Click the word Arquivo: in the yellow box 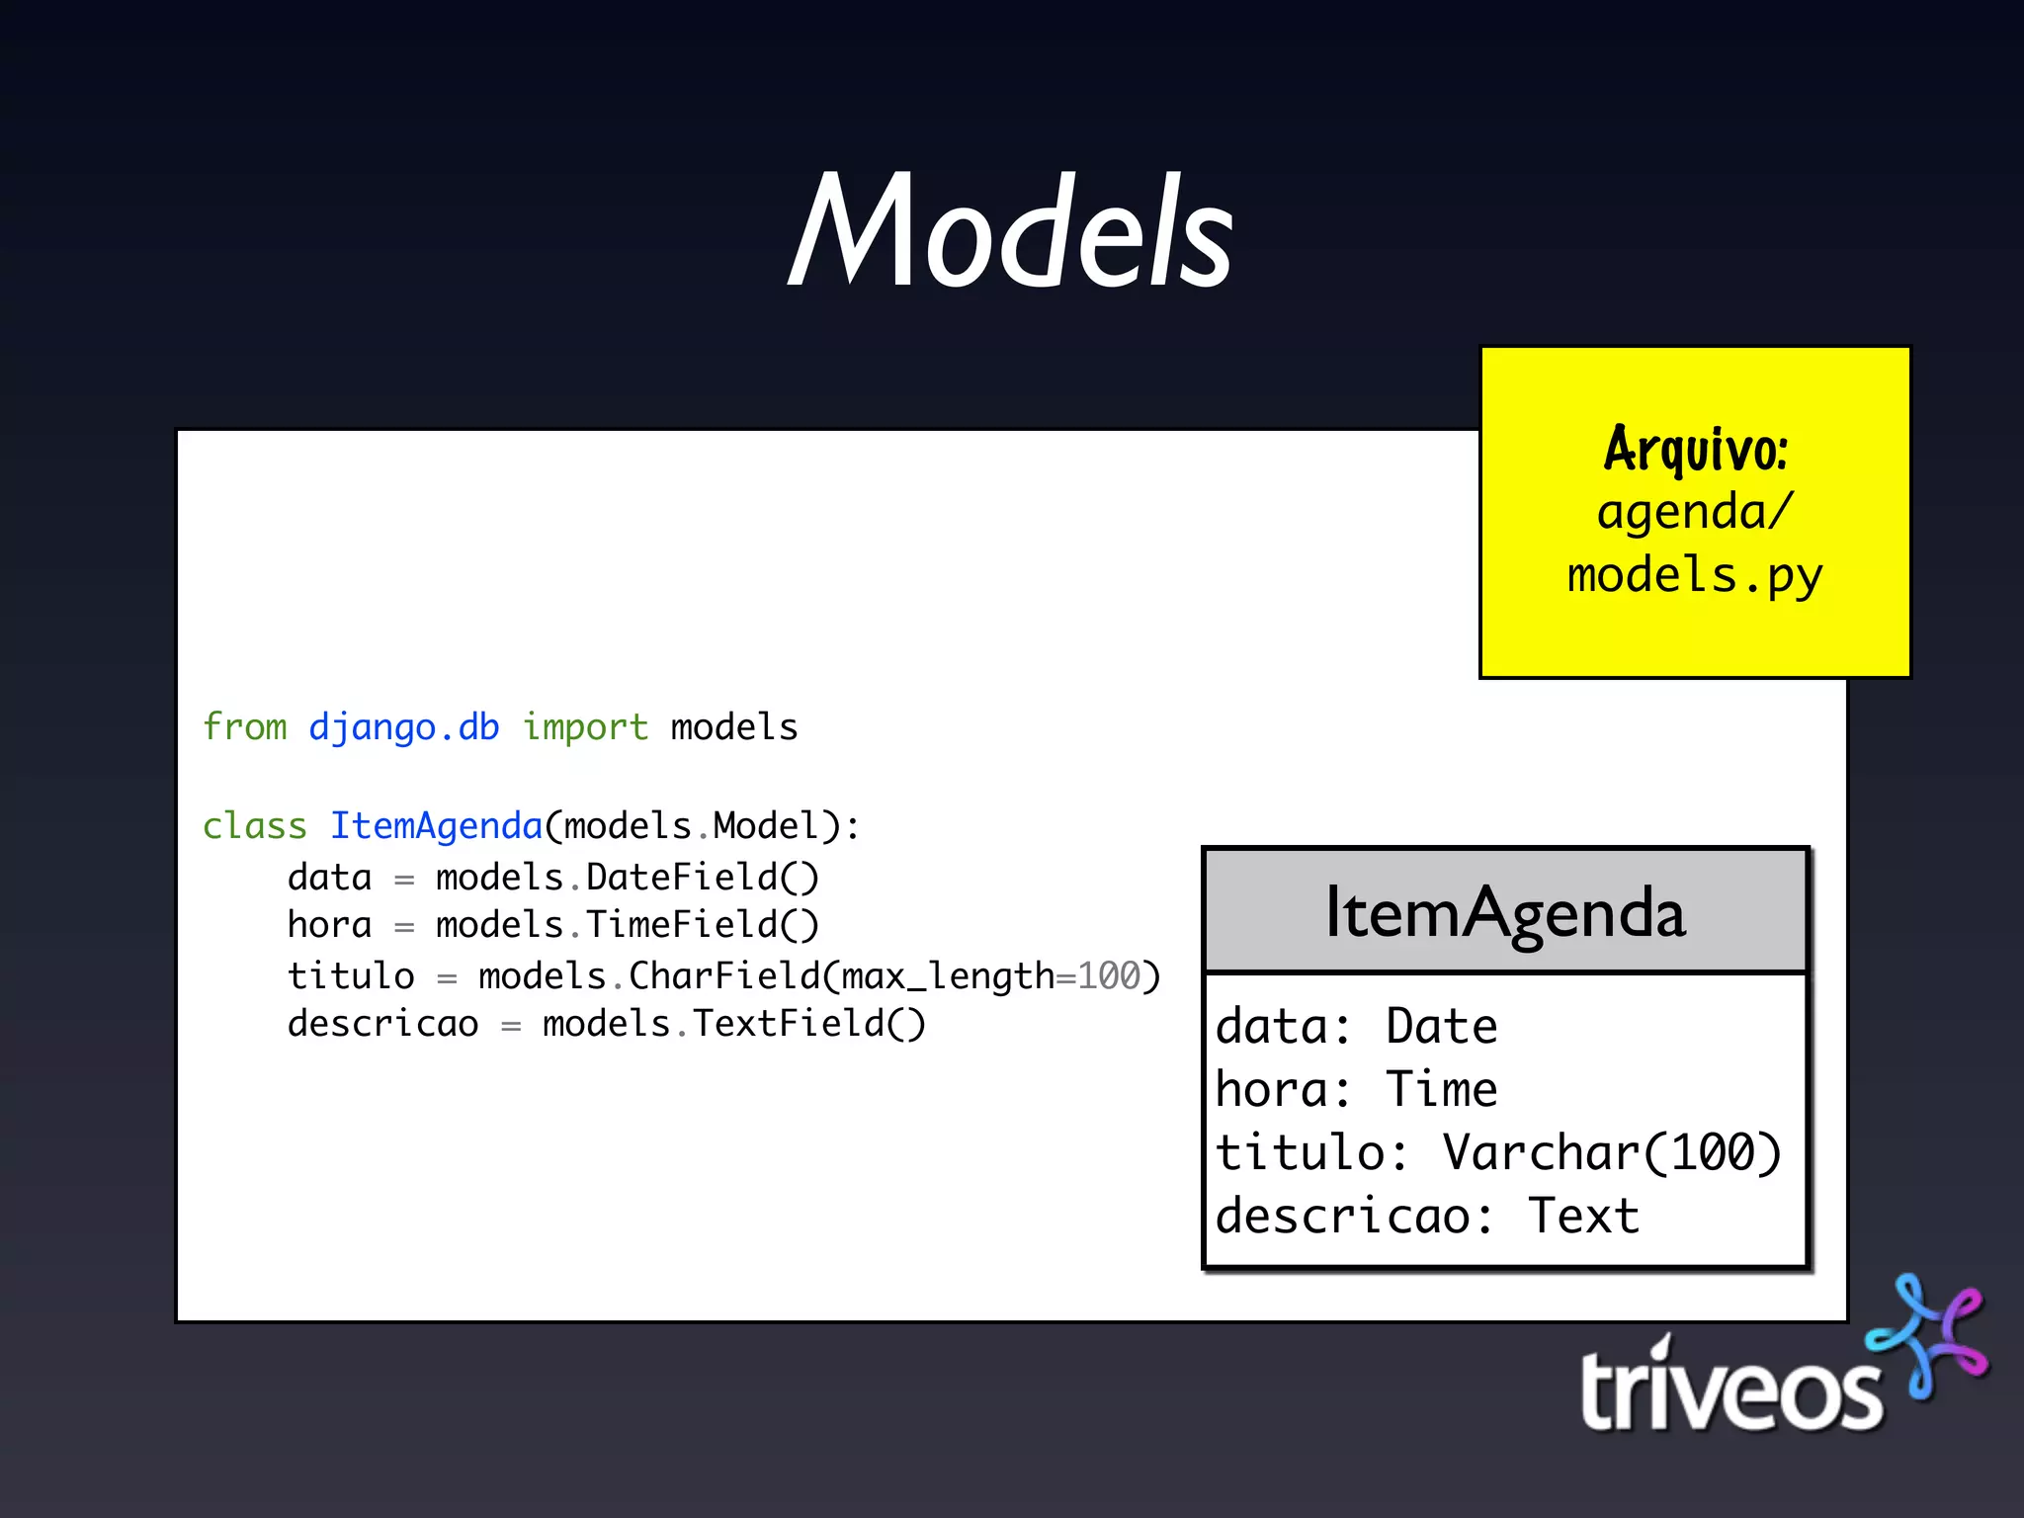(1695, 450)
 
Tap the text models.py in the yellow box (1695, 576)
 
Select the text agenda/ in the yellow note (1695, 513)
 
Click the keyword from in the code (244, 727)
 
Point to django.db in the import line (403, 727)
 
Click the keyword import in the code (585, 727)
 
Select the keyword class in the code (254, 826)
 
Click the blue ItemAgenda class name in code (436, 826)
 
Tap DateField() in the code (702, 878)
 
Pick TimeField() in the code (702, 925)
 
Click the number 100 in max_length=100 (1108, 976)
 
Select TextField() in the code (808, 1024)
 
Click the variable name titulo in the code (351, 976)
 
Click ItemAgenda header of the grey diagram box (1504, 912)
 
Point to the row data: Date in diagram (1356, 1026)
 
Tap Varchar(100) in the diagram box (1611, 1152)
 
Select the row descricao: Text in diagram (1426, 1216)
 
